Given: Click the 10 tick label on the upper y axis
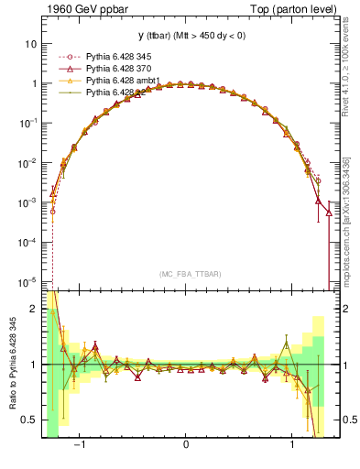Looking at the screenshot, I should [x=30, y=44].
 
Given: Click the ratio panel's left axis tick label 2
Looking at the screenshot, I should [x=34, y=310].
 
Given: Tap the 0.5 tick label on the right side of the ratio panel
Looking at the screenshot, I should [x=344, y=420].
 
